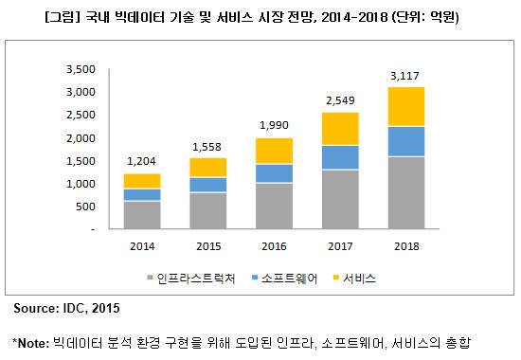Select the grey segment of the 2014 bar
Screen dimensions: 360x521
point(141,215)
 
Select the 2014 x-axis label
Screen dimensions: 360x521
point(141,245)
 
